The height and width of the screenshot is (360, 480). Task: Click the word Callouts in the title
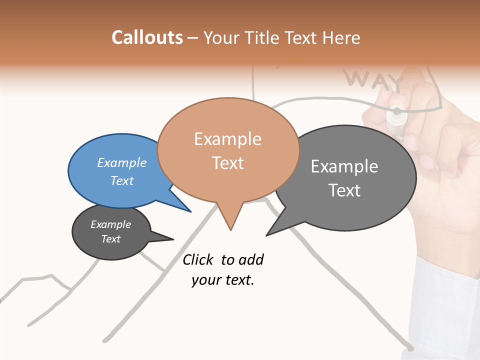[147, 37]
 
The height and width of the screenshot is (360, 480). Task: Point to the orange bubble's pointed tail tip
[230, 229]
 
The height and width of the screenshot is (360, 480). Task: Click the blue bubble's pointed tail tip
[191, 211]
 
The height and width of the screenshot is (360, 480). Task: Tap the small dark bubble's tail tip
[173, 239]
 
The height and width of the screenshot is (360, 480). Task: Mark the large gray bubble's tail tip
[266, 235]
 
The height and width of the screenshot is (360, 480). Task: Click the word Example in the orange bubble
[228, 138]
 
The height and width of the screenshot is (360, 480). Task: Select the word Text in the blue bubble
[122, 180]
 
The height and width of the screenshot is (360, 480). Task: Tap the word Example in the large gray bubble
[344, 166]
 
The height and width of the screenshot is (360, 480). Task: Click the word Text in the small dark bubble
[111, 239]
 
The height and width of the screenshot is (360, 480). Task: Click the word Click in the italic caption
[198, 259]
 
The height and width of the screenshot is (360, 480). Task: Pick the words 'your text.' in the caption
[223, 280]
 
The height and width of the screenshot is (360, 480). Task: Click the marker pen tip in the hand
[397, 111]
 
